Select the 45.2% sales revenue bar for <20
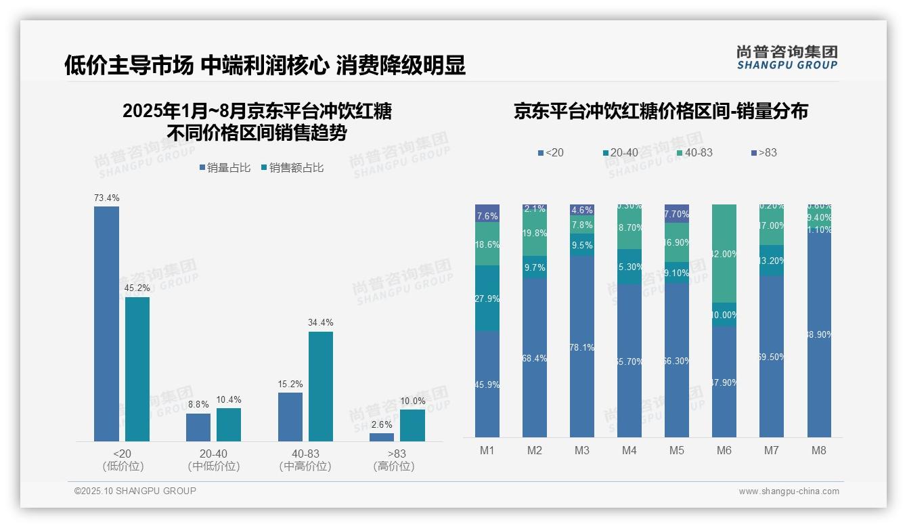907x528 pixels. coord(137,369)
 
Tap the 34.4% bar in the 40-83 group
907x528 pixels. coord(321,386)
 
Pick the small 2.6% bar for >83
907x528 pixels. coord(382,437)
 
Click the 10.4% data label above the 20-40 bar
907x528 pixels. coord(229,399)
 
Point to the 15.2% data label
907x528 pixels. coord(290,384)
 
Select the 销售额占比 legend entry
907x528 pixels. coord(292,168)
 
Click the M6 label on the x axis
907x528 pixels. coord(724,450)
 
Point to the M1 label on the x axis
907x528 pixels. coord(487,450)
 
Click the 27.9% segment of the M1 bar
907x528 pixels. coord(487,299)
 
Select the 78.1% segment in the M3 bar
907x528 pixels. coord(582,347)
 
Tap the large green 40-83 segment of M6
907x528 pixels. coord(724,253)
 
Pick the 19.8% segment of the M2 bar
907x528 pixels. coord(535,234)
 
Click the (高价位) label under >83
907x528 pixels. coord(394,466)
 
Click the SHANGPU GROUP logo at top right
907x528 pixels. coord(787,58)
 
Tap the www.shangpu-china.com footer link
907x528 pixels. coord(789,491)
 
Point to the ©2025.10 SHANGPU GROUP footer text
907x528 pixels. coord(135,491)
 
